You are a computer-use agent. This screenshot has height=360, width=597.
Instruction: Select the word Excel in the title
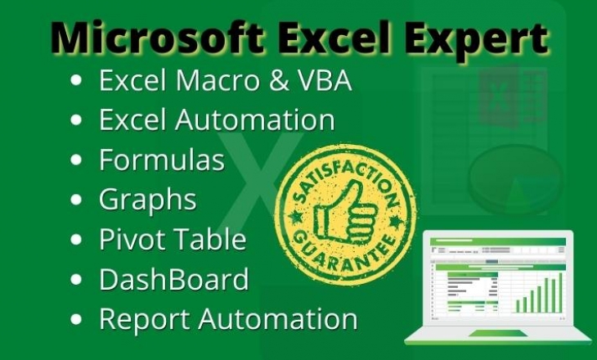point(340,38)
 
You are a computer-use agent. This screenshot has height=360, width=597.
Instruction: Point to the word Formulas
point(161,160)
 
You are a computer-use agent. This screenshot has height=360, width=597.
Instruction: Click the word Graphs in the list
point(147,199)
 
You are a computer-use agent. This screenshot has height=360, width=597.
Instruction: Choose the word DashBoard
point(173,279)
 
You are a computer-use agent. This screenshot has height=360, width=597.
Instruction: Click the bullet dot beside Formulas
point(77,161)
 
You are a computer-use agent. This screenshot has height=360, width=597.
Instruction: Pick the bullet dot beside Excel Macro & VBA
point(77,82)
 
